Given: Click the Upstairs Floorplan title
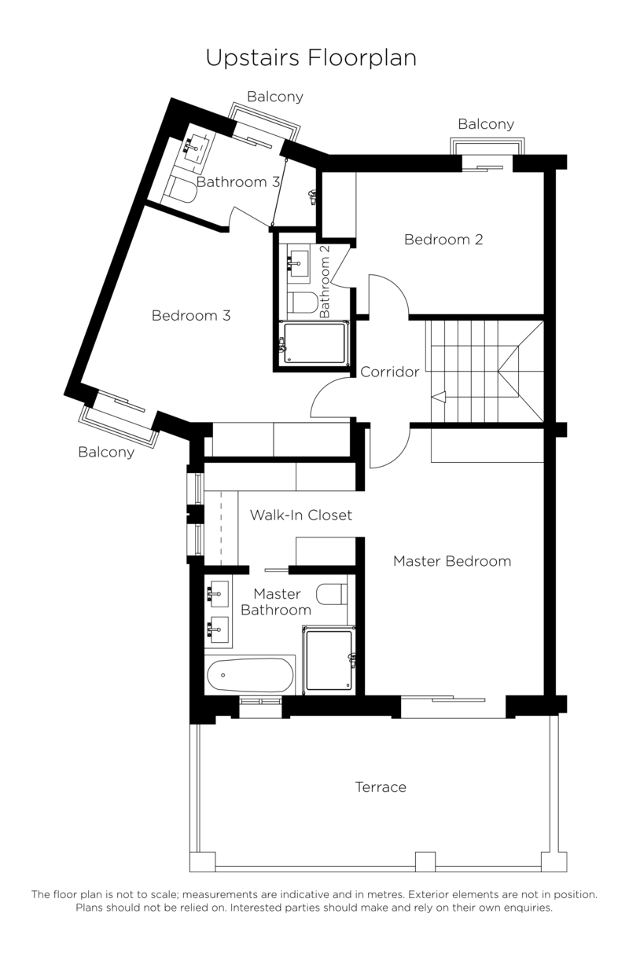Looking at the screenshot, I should [x=311, y=57].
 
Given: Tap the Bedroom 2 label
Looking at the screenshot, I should [x=443, y=240].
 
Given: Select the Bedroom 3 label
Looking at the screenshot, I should [x=190, y=316].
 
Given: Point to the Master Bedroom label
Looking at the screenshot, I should [x=452, y=561].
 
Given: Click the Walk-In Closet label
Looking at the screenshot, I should [x=300, y=515].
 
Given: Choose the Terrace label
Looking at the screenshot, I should [x=381, y=787].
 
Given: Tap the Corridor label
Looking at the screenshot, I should [x=389, y=372].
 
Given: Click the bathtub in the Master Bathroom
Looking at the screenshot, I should [x=250, y=674].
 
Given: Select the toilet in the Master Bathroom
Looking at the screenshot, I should [x=331, y=593].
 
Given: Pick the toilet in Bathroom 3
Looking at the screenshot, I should [x=182, y=190].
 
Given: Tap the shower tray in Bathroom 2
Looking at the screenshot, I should [x=314, y=344].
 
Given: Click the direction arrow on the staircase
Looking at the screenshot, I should [x=439, y=397].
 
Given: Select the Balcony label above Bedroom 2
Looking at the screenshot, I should [x=485, y=124].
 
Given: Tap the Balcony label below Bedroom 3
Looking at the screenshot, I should [x=106, y=452].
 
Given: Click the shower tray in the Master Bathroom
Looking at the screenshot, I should [x=329, y=660].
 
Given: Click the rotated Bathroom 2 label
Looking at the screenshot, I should [x=325, y=281].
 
